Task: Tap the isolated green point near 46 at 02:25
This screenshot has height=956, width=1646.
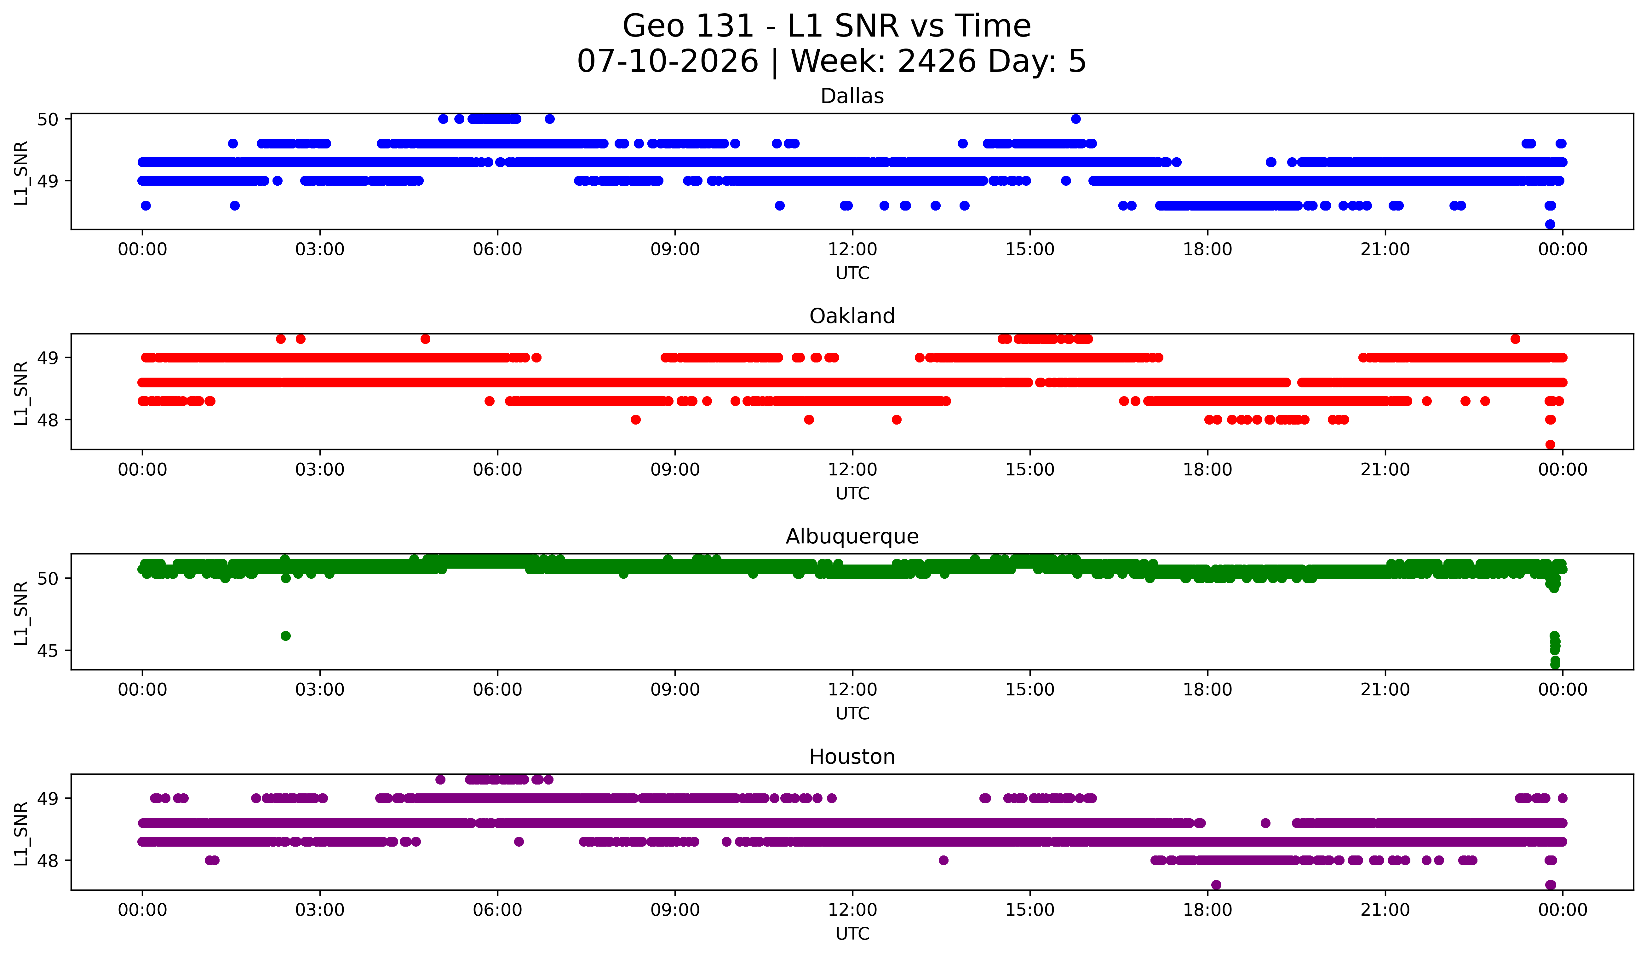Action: click(285, 636)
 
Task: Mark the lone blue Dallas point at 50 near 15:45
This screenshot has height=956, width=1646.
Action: click(1076, 119)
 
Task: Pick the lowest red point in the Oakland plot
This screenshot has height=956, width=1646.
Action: click(1550, 444)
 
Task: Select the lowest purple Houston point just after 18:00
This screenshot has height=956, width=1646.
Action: click(1216, 885)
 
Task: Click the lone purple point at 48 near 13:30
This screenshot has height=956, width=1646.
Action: click(943, 860)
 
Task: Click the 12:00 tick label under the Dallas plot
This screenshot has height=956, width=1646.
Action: click(852, 250)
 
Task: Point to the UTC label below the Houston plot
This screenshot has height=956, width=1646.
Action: click(852, 934)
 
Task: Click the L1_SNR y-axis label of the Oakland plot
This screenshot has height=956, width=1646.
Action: click(21, 393)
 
